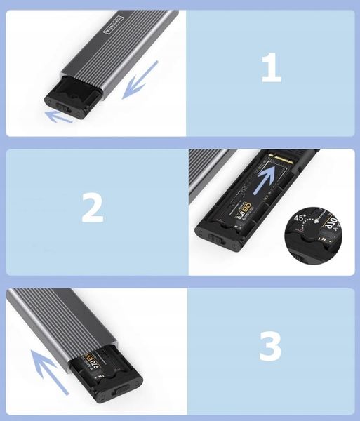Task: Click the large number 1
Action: click(x=271, y=69)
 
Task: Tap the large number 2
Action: click(x=93, y=208)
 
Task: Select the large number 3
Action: click(x=270, y=347)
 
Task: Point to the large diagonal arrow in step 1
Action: click(x=140, y=79)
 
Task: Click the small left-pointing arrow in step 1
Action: click(x=60, y=114)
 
